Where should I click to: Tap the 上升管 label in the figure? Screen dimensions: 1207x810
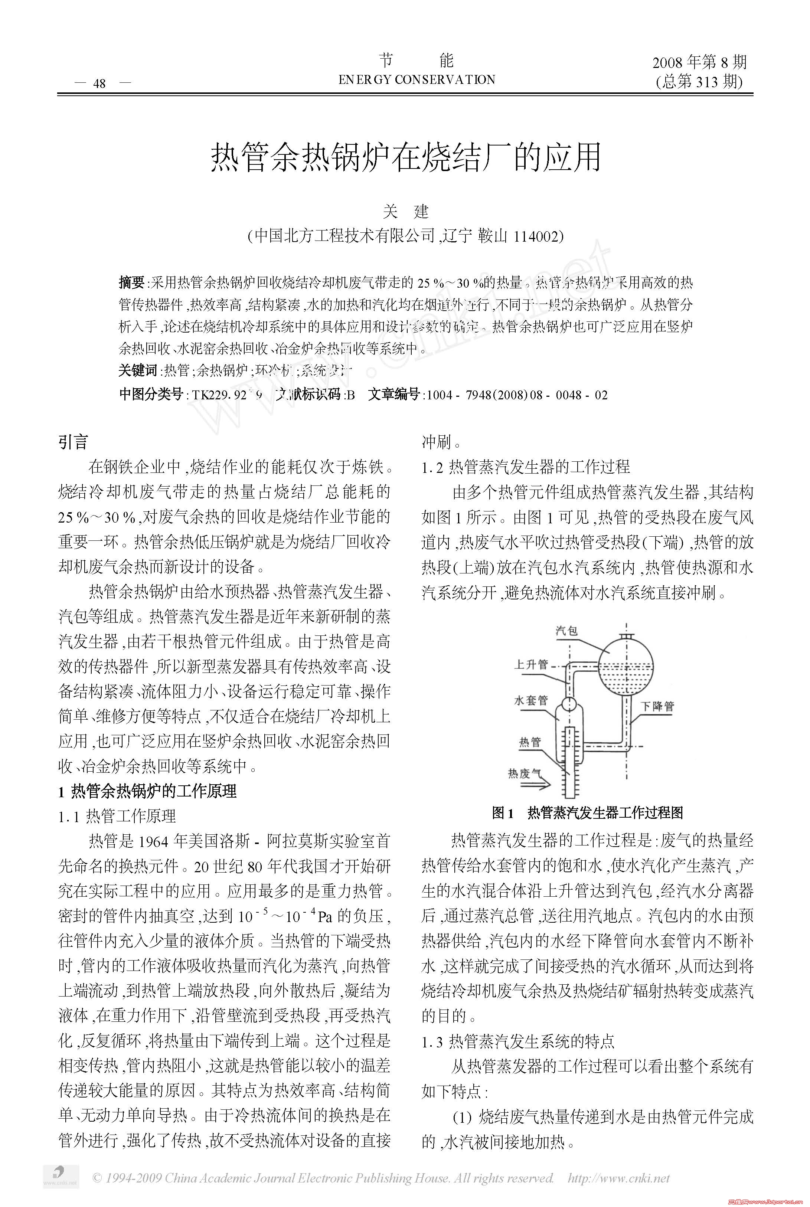click(x=530, y=665)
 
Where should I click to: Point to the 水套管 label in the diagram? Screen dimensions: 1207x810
click(x=530, y=700)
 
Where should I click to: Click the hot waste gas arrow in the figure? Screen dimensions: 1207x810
click(x=534, y=785)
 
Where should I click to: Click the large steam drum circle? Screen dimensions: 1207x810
click(x=626, y=668)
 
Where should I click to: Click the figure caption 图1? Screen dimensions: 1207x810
click(x=503, y=813)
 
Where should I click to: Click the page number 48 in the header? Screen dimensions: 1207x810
click(x=99, y=83)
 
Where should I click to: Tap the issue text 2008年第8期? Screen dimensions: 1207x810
click(x=699, y=63)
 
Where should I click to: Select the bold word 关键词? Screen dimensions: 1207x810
click(x=137, y=370)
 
